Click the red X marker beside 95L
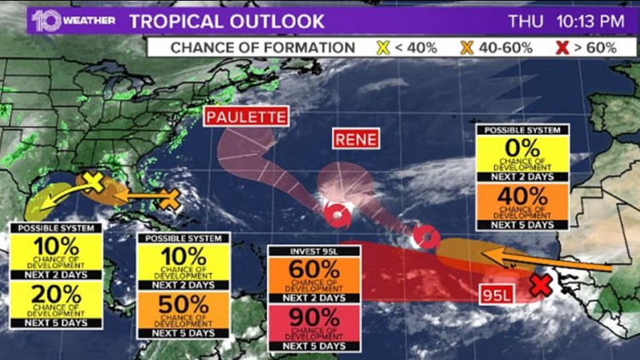coord(539,285)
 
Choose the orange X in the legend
coord(466,47)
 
